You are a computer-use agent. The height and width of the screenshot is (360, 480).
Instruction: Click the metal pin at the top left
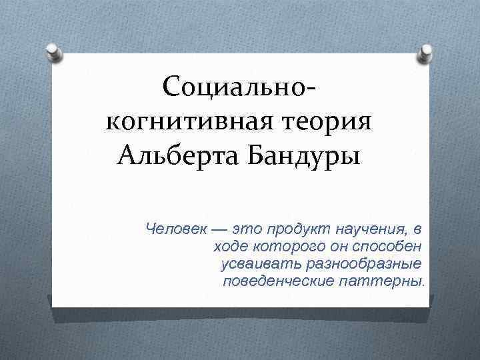point(55,52)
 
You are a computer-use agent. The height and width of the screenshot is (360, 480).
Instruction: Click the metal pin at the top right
point(425,52)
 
